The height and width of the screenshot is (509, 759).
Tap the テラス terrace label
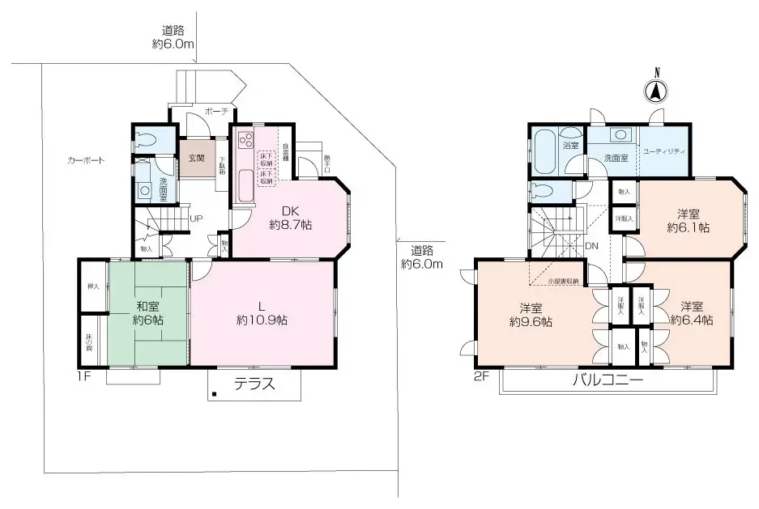[x=254, y=384]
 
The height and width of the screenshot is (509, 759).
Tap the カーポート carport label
[x=86, y=160]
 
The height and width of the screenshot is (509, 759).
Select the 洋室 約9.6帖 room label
[x=531, y=314]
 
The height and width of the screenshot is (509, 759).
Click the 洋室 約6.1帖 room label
[x=689, y=221]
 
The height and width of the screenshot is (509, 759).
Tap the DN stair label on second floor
[x=592, y=245]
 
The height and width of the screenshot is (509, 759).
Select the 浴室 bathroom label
[x=571, y=145]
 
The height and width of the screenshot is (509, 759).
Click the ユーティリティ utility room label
[x=664, y=151]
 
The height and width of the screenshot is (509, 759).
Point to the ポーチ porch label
[x=215, y=111]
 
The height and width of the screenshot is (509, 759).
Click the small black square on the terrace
[x=215, y=395]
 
